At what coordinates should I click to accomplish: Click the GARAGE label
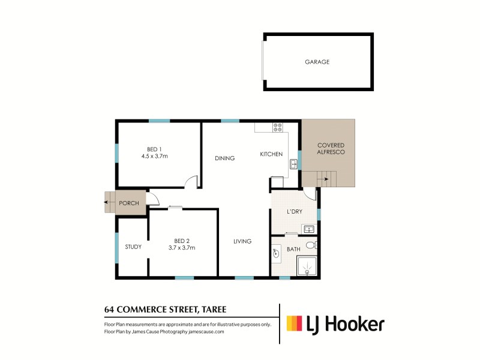pyautogui.click(x=317, y=62)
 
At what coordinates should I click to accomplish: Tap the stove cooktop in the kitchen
pyautogui.click(x=278, y=127)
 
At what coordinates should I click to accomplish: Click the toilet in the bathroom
pyautogui.click(x=310, y=245)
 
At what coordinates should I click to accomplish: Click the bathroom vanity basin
pyautogui.click(x=275, y=253)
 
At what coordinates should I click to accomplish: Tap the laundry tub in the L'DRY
pyautogui.click(x=308, y=229)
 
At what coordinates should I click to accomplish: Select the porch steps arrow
pyautogui.click(x=108, y=203)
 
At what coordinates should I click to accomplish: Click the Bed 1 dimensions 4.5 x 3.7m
pyautogui.click(x=154, y=157)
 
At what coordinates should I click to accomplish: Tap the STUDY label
pyautogui.click(x=133, y=247)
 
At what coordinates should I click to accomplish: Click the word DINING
pyautogui.click(x=224, y=158)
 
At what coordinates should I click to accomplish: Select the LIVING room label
pyautogui.click(x=242, y=241)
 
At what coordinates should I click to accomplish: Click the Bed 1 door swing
pyautogui.click(x=191, y=182)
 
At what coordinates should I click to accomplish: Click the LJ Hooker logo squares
pyautogui.click(x=294, y=324)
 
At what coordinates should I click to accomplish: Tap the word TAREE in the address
pyautogui.click(x=209, y=310)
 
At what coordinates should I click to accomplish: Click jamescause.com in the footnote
pyautogui.click(x=208, y=331)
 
